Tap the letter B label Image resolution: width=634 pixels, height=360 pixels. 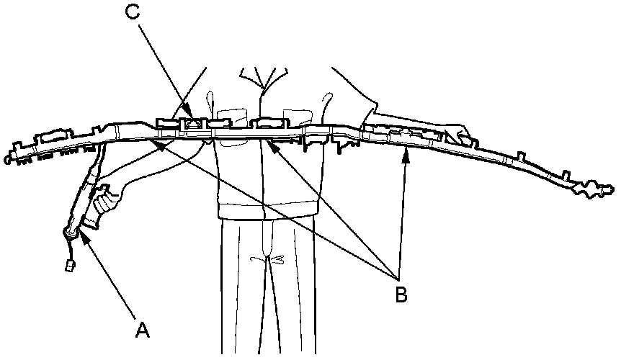point(401,293)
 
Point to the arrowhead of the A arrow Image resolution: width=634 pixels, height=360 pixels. point(84,235)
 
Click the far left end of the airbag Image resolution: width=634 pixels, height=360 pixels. point(9,153)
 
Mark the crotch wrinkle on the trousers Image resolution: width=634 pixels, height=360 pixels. point(268,258)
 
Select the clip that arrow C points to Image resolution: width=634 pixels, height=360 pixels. point(194,124)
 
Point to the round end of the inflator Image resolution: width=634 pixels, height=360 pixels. point(71,231)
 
